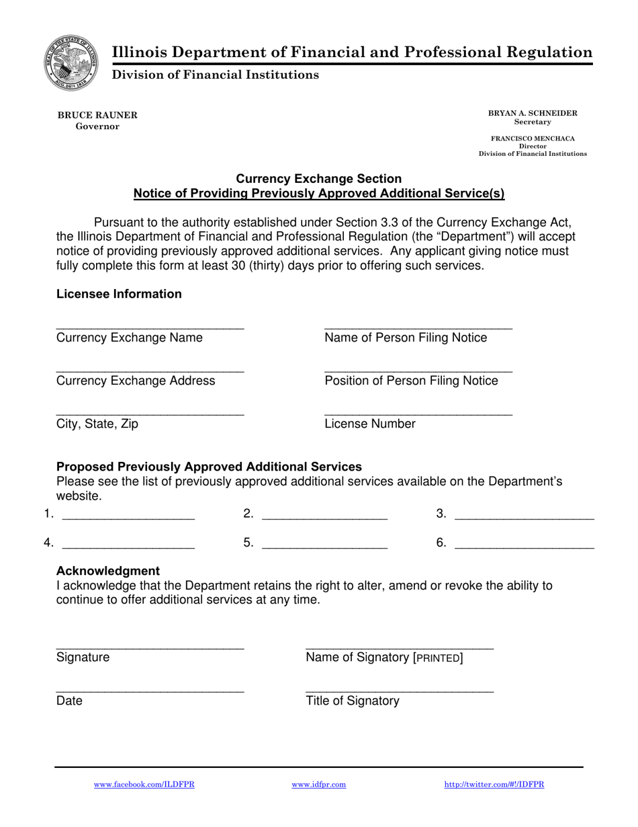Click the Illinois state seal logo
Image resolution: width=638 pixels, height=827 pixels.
[x=72, y=64]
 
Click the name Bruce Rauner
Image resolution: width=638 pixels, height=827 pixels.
[x=97, y=115]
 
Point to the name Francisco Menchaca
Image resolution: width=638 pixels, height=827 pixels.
[x=533, y=139]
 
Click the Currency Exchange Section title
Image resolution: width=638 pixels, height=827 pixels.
[x=319, y=179]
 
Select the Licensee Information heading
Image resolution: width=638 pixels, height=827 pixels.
[x=119, y=294]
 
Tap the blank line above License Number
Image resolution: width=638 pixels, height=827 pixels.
[x=418, y=411]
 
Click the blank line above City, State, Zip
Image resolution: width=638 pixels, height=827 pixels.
[x=150, y=411]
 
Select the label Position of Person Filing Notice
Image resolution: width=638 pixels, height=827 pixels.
[x=411, y=381]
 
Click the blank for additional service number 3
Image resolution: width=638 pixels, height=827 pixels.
[x=524, y=516]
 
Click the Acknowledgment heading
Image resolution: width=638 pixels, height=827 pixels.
[x=108, y=571]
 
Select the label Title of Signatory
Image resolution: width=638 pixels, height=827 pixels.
[x=353, y=701]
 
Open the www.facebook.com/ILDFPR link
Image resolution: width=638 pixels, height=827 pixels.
[x=144, y=785]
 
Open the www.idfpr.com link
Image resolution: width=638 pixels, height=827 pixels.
[x=319, y=785]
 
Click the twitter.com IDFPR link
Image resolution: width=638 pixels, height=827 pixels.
[x=494, y=785]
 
